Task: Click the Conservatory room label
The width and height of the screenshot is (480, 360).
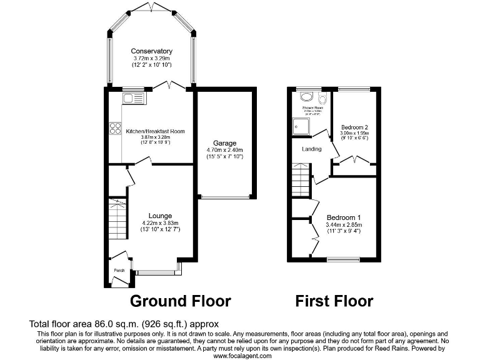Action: tap(151, 51)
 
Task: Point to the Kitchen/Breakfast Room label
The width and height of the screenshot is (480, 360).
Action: tap(156, 131)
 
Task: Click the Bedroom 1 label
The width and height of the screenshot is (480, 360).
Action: tap(343, 217)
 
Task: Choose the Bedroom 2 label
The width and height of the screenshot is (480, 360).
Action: tap(354, 126)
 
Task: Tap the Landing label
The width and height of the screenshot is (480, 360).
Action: tap(311, 149)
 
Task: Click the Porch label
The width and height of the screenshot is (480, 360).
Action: tap(119, 271)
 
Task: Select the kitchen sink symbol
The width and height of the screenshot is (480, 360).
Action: tap(133, 97)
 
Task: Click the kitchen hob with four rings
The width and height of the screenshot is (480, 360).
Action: tap(116, 129)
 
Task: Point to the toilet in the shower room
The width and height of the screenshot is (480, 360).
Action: tap(322, 99)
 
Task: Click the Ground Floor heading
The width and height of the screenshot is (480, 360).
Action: tap(180, 301)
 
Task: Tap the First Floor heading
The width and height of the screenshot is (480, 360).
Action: tap(334, 301)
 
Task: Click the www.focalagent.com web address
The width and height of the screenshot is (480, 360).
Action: tap(242, 356)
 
